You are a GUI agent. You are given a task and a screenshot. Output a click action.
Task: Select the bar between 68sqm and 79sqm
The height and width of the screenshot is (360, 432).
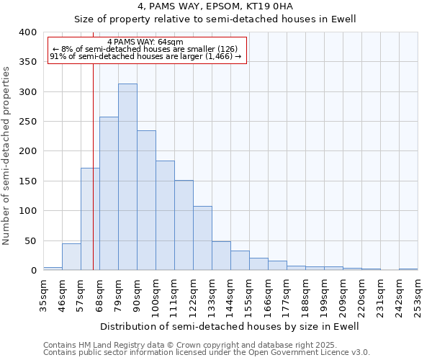coord(109,194)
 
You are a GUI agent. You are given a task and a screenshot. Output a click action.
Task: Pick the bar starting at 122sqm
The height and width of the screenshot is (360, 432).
coord(202,238)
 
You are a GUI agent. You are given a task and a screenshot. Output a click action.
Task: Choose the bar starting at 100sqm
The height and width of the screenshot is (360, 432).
coord(165,215)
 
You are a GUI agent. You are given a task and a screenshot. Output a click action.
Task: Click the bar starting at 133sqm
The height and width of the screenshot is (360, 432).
coord(221,256)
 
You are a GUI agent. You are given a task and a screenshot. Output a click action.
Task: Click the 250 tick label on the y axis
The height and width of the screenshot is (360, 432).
coord(27,122)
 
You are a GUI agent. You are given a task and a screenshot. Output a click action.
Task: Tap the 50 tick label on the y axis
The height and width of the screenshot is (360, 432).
coord(30,241)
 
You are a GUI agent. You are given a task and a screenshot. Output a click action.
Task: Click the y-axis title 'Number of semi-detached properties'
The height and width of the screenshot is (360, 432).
coord(7,155)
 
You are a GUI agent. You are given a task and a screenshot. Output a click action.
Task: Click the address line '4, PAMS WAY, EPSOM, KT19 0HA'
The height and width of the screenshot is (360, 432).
coord(216,8)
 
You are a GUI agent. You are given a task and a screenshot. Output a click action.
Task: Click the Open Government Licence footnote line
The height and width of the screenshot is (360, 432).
coord(207,353)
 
